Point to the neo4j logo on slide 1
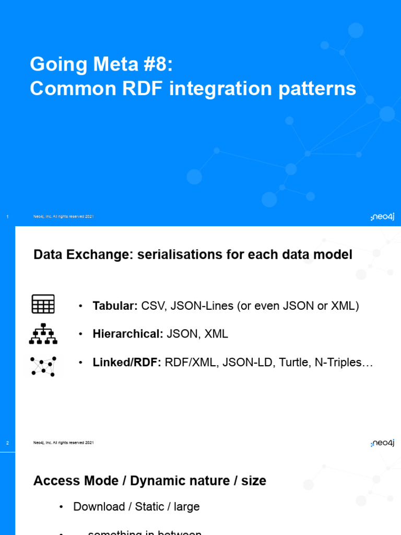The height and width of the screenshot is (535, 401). click(382, 217)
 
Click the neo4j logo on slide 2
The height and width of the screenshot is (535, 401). click(382, 443)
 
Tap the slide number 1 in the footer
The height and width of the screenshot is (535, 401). click(7, 217)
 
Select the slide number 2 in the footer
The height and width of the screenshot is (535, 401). click(7, 443)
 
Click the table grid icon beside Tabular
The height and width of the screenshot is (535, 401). click(43, 304)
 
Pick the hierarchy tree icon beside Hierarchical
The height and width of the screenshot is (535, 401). click(43, 334)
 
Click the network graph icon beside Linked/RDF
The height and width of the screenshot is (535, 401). click(43, 366)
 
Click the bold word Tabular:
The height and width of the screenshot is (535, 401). click(115, 306)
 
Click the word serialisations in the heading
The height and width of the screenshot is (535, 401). click(180, 255)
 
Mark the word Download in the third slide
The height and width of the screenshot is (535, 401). click(99, 507)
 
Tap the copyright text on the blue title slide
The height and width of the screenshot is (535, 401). click(63, 217)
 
